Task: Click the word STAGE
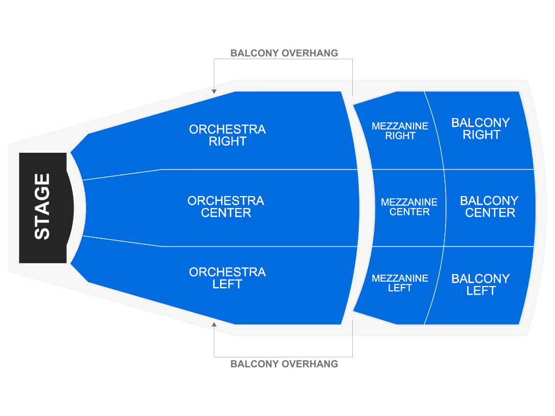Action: [42, 206]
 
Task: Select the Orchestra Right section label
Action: [227, 135]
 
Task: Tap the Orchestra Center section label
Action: [225, 207]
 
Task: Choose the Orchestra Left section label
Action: [227, 278]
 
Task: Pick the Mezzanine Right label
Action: [400, 131]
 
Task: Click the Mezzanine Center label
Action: [409, 207]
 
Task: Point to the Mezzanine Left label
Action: [400, 283]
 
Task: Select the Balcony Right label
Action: [481, 129]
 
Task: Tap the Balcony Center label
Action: [489, 207]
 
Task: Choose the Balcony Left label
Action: [481, 284]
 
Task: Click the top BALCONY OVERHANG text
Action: [284, 53]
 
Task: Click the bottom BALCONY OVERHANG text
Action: [284, 364]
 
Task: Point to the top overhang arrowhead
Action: [214, 92]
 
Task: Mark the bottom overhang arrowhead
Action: [214, 324]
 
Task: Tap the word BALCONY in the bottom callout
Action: [253, 364]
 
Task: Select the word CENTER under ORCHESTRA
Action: [226, 213]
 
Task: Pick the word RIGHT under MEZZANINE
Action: [401, 136]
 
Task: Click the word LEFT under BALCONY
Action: [481, 291]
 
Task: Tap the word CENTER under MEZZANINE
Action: [410, 212]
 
